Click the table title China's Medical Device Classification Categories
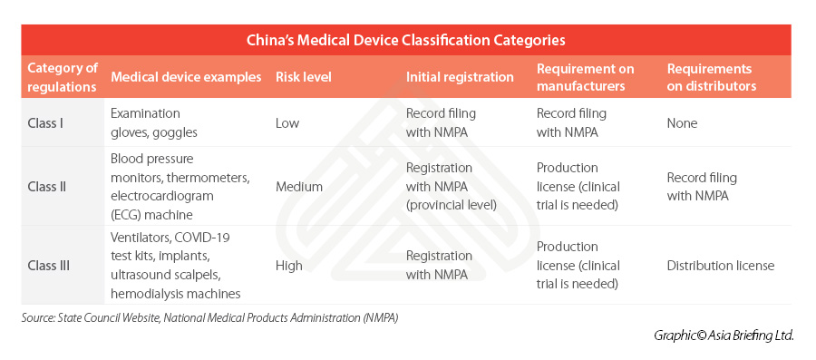coord(406,40)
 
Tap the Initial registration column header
coord(460,77)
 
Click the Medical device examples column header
coord(186,77)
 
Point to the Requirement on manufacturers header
coord(585,77)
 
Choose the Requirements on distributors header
coord(711,77)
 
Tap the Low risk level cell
coord(287,122)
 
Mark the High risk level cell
coord(289,265)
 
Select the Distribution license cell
coord(720,265)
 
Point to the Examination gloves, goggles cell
coord(155,122)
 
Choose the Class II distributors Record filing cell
coord(702,186)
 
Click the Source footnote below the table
coord(209,318)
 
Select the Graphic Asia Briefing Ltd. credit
coord(724,336)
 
